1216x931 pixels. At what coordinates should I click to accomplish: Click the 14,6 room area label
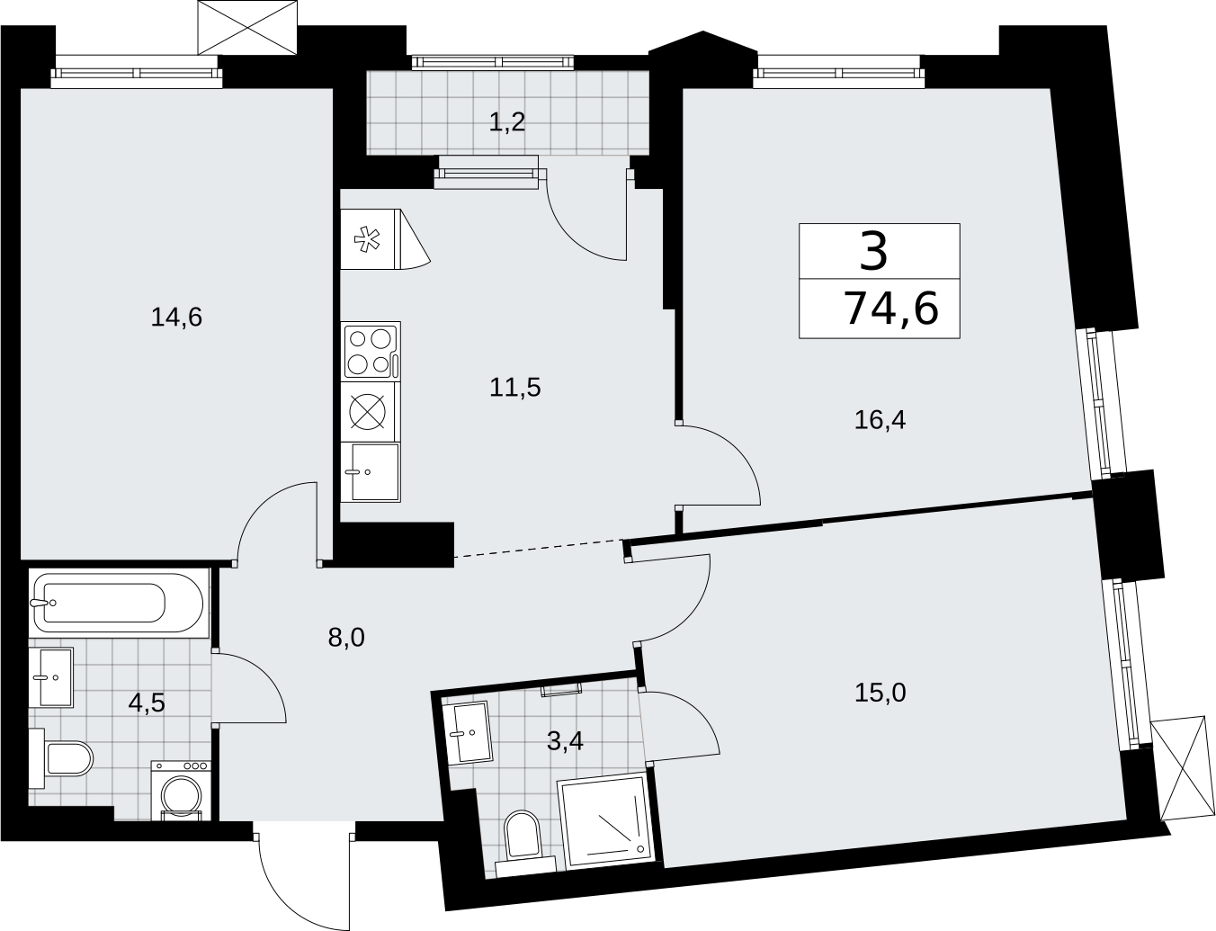point(176,318)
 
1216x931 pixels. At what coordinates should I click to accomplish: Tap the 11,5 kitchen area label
point(514,387)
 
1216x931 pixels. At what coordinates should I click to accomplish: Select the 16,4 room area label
point(880,419)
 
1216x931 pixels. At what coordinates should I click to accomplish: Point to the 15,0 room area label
point(880,694)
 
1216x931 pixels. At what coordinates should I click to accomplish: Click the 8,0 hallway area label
point(346,637)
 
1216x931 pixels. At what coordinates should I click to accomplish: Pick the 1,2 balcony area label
point(507,122)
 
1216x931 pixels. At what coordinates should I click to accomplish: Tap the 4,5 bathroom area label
point(147,703)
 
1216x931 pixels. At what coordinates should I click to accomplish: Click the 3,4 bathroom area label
point(565,741)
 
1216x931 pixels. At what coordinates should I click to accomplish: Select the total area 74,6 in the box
point(891,309)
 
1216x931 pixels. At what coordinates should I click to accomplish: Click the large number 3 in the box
point(873,252)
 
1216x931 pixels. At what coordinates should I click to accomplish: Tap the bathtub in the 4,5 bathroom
point(119,603)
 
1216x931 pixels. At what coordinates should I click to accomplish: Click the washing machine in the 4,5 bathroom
point(181,790)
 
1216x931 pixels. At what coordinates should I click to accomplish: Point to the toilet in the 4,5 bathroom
point(61,758)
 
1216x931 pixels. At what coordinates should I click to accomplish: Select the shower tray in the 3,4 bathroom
point(605,820)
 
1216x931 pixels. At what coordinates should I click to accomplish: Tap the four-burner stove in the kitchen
point(370,352)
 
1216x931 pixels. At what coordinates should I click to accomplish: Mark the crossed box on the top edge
point(248,27)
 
